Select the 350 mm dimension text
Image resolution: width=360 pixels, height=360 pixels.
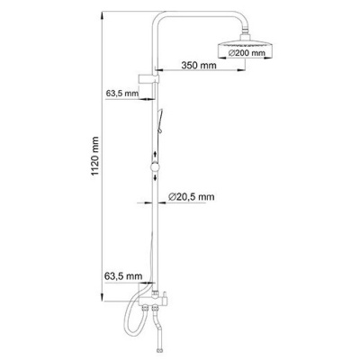pos(199,65)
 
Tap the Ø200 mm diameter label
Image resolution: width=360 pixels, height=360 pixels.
pos(247,53)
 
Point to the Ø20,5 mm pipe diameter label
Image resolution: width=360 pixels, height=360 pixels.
pos(192,197)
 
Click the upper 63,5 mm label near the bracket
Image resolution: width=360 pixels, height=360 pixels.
pos(122,93)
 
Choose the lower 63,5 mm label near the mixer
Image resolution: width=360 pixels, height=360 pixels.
pos(123,275)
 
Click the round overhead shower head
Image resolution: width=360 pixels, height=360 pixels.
pos(246,49)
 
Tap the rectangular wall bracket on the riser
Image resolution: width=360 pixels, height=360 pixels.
pos(148,78)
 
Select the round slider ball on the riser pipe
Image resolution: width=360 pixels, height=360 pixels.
pos(155,166)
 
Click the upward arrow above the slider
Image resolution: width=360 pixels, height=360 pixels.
pos(155,155)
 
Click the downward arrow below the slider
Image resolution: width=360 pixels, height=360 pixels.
pos(155,177)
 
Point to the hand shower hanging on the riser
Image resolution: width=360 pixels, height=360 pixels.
pos(159,121)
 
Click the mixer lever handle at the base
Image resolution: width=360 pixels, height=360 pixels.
pos(164,297)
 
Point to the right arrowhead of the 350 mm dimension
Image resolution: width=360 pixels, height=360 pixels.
pos(241,70)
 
